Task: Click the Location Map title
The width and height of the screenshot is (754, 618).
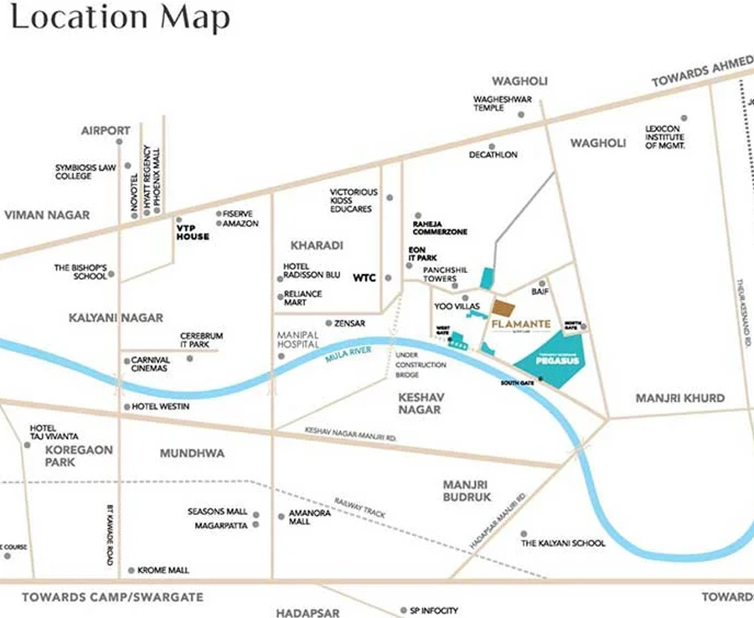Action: tap(120, 18)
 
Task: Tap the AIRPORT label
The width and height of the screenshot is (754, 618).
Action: tap(106, 131)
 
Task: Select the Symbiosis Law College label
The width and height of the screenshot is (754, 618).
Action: tap(85, 172)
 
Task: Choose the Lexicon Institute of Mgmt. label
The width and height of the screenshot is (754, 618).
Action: tap(665, 137)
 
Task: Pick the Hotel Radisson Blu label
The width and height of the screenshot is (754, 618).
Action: tap(312, 272)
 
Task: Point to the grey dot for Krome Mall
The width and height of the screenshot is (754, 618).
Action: tap(131, 570)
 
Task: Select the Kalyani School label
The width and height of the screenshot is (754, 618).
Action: tap(563, 543)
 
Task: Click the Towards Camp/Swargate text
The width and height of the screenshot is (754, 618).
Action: tap(112, 597)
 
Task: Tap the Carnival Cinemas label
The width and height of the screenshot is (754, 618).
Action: tap(151, 364)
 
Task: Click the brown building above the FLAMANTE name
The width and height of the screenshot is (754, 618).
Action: tap(504, 307)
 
